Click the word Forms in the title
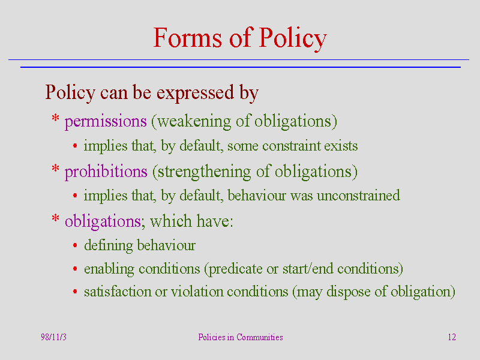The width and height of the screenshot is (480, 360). pyautogui.click(x=187, y=38)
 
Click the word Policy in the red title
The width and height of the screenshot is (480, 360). pyautogui.click(x=293, y=38)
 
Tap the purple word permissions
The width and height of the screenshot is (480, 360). pyautogui.click(x=106, y=122)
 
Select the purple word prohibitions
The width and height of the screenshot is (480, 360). pyautogui.click(x=106, y=172)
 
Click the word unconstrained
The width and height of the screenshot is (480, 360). pyautogui.click(x=358, y=196)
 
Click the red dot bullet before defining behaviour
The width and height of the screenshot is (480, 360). pyautogui.click(x=75, y=245)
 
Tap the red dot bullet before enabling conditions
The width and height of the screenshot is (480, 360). pyautogui.click(x=75, y=269)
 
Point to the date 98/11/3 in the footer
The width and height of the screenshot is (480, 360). pyautogui.click(x=53, y=337)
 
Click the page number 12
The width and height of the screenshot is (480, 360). pyautogui.click(x=452, y=337)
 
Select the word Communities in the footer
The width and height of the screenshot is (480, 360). pyautogui.click(x=260, y=337)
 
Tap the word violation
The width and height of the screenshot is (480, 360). pyautogui.click(x=197, y=292)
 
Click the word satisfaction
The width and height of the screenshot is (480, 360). pyautogui.click(x=118, y=292)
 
